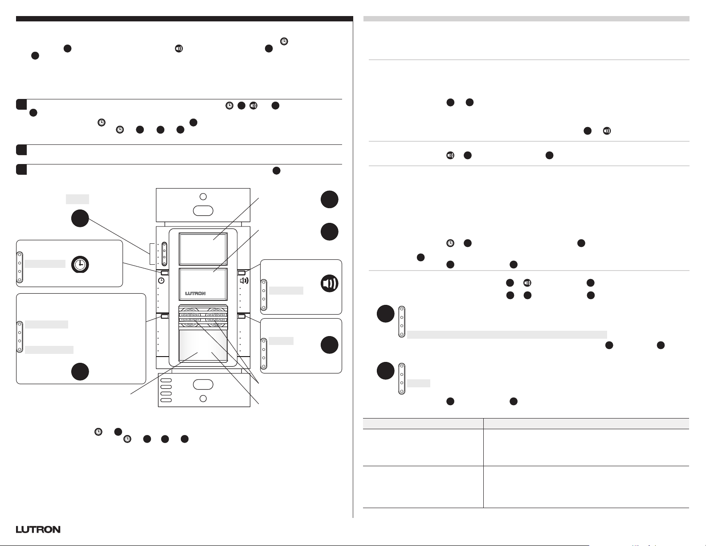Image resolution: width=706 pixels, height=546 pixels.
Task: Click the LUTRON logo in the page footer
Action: point(38,530)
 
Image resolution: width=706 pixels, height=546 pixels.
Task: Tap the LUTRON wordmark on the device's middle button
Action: point(195,293)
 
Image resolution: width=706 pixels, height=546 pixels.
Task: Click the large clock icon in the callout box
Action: point(80,264)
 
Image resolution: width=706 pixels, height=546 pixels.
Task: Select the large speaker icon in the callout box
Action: point(330,283)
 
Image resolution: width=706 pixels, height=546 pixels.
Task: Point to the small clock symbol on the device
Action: point(161,280)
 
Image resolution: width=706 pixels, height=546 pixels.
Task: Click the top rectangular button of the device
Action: point(203,249)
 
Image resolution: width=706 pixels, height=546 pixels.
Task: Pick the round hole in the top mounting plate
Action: point(203,197)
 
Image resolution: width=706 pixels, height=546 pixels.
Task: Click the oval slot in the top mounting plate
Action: point(203,211)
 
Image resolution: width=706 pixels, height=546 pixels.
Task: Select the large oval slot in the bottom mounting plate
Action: point(203,384)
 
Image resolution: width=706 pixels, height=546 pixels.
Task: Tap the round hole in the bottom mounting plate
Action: point(203,398)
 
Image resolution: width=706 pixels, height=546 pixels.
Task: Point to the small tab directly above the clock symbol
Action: point(164,272)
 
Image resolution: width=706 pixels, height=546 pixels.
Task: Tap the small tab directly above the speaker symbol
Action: point(242,272)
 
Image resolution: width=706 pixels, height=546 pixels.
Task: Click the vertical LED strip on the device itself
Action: point(164,254)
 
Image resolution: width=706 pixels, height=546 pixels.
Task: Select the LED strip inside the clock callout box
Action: point(20,267)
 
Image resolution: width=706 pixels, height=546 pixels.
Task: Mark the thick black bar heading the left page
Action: point(184,19)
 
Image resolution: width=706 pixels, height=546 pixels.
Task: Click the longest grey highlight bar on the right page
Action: point(507,335)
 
